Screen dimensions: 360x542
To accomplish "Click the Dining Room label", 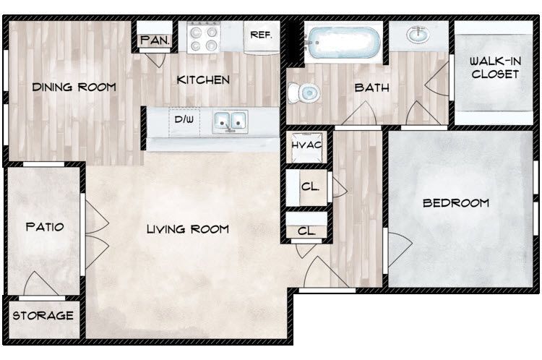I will tap(74, 87).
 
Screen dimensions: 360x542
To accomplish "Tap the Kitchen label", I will tap(203, 80).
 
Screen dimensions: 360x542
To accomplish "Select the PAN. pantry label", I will tap(154, 40).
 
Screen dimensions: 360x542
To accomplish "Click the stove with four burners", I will tap(203, 36).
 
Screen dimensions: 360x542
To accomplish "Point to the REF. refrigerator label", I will tap(260, 34).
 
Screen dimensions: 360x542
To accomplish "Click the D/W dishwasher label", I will tap(184, 119).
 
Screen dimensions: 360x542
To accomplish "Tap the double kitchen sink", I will tap(231, 121).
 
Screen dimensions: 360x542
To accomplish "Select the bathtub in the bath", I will tap(343, 43).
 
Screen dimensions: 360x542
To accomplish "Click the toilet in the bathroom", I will tap(304, 93).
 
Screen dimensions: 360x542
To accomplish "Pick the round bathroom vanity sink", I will tap(418, 34).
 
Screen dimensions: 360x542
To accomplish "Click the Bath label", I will tap(371, 88).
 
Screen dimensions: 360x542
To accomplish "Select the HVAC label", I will tap(306, 147).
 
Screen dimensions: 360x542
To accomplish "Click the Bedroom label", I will tap(456, 203).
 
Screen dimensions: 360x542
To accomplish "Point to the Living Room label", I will tap(187, 229).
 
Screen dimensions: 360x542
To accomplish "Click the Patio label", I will tap(45, 227).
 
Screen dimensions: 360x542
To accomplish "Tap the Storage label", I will tap(43, 316).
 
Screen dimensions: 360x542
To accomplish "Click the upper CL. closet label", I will tap(310, 187).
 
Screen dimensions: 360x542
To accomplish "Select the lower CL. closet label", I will tap(306, 231).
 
